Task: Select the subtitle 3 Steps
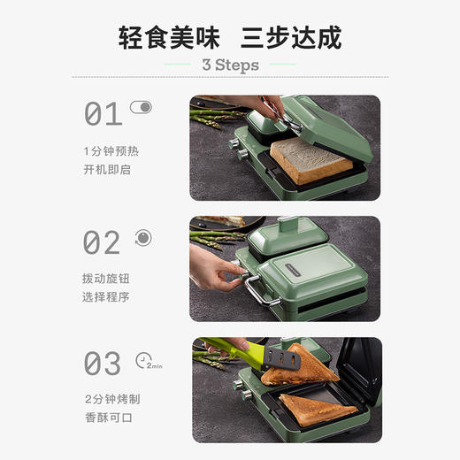[x=230, y=65]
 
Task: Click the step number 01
[x=103, y=113]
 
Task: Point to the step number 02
[x=103, y=241]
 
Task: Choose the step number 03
[x=103, y=363]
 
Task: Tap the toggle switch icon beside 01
[x=141, y=107]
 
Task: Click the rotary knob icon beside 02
[x=142, y=236]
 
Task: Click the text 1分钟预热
[x=111, y=151]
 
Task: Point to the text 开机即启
[x=111, y=170]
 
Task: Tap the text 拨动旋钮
[x=106, y=279]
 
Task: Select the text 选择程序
[x=106, y=297]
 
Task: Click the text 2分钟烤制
[x=111, y=399]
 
